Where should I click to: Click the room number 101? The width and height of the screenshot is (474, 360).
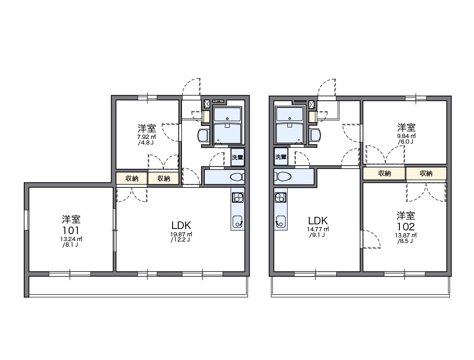pyautogui.click(x=71, y=230)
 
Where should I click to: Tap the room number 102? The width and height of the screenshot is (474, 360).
pyautogui.click(x=406, y=226)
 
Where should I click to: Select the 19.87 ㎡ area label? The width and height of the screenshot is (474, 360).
pyautogui.click(x=181, y=234)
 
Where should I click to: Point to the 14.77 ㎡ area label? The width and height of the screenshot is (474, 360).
pyautogui.click(x=318, y=229)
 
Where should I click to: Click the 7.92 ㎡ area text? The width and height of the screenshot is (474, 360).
pyautogui.click(x=146, y=137)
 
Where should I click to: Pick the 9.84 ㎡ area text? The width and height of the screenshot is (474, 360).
pyautogui.click(x=406, y=136)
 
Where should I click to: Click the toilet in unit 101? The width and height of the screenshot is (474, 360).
pyautogui.click(x=237, y=177)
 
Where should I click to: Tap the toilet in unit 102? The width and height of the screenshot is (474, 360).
pyautogui.click(x=283, y=177)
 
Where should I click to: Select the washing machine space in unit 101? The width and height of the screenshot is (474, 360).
pyautogui.click(x=237, y=157)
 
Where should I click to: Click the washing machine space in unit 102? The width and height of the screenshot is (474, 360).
pyautogui.click(x=281, y=157)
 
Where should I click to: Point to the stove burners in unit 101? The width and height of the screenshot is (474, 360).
pyautogui.click(x=237, y=197)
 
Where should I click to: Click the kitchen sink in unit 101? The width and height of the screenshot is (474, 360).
pyautogui.click(x=237, y=222)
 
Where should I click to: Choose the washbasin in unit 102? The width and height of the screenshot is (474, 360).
pyautogui.click(x=315, y=135)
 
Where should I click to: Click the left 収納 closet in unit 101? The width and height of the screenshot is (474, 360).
pyautogui.click(x=132, y=178)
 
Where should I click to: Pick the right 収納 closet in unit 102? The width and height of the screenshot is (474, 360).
pyautogui.click(x=426, y=173)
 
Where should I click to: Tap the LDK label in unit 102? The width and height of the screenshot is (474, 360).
pyautogui.click(x=318, y=220)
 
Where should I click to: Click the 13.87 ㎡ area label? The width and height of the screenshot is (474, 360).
pyautogui.click(x=406, y=235)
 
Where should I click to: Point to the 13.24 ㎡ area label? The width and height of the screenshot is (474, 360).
pyautogui.click(x=71, y=239)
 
